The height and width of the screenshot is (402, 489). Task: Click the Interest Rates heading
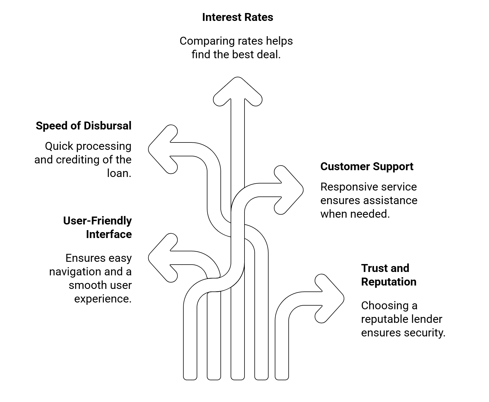coord(237,18)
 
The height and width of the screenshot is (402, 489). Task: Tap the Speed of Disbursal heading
coord(83,126)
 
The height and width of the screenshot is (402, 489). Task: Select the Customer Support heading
coord(367,167)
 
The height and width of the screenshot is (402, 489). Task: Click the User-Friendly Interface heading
coord(97,228)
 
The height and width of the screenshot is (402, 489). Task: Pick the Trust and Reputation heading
coord(389,275)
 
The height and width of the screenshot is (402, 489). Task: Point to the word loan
coord(119,173)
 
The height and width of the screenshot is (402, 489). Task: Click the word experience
coord(103,299)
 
